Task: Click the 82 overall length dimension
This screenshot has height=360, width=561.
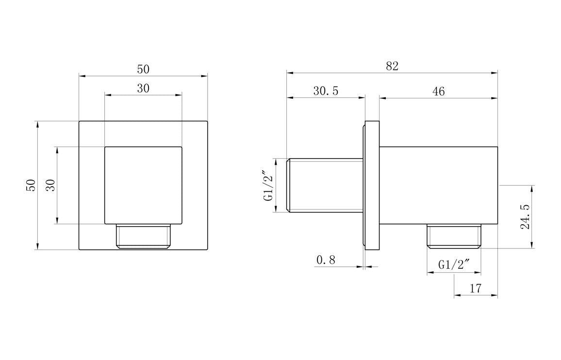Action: coord(392,66)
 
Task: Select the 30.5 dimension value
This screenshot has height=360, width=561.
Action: coord(325,91)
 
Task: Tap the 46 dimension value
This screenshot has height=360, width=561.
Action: coord(438,91)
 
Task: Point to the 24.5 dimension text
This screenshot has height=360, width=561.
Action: coord(525,217)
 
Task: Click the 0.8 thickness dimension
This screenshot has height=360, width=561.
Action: coord(326,260)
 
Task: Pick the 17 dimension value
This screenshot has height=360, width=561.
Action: coord(476,288)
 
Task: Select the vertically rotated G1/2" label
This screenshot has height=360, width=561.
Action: coord(269,185)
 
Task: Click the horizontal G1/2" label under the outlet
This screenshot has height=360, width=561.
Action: coord(454,264)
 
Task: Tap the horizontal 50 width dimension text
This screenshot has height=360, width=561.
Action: coord(143,69)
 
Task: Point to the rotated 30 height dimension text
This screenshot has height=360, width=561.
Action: coord(50,185)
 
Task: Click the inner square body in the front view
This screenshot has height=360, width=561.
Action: coord(143,185)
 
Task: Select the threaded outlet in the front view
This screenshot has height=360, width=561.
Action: coord(143,236)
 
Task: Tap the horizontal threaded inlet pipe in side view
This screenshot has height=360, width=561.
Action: coord(325,185)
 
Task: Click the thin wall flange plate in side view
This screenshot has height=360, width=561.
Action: coord(372,185)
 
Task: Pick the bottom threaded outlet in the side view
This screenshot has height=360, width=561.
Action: coord(454,236)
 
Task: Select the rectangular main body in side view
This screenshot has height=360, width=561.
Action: coord(438,185)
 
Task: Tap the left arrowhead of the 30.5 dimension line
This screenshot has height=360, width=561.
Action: coord(290,98)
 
